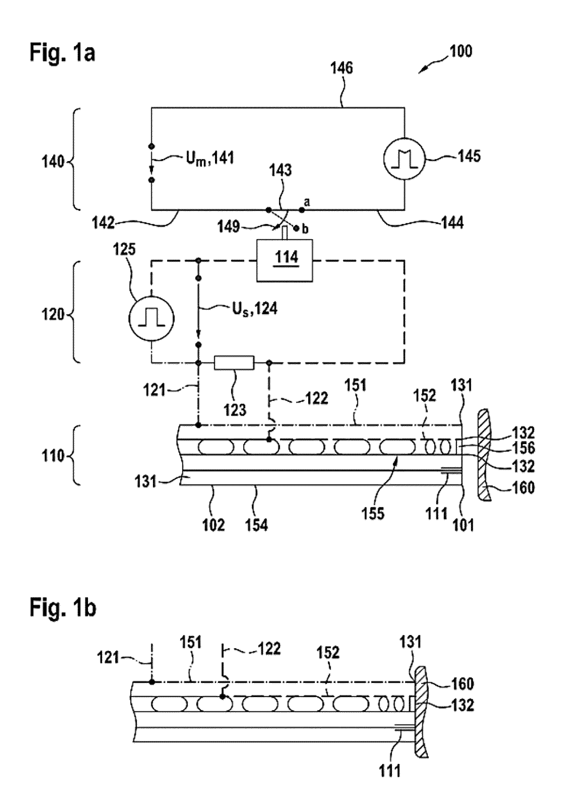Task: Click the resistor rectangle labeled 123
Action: pos(234,362)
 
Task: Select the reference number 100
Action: pos(460,52)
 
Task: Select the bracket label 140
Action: pos(53,162)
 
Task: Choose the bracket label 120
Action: pos(53,314)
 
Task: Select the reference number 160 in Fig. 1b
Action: pos(462,683)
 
